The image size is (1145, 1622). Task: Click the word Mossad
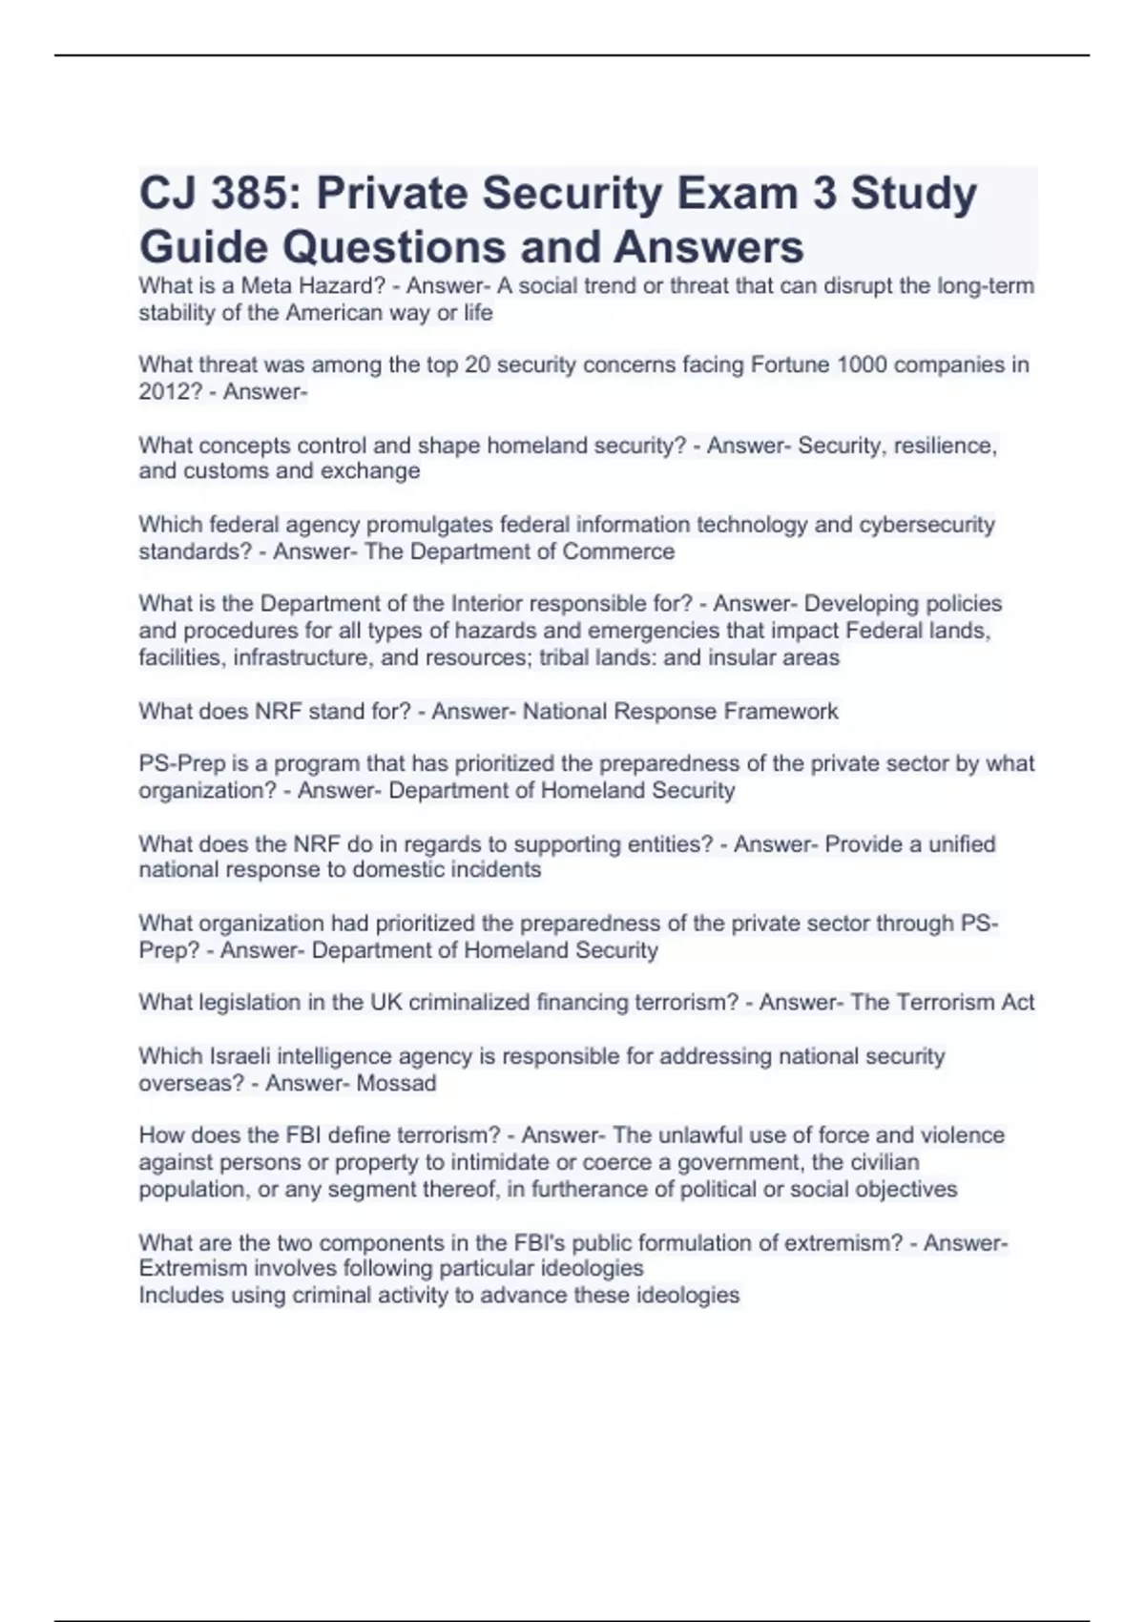[396, 1083]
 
